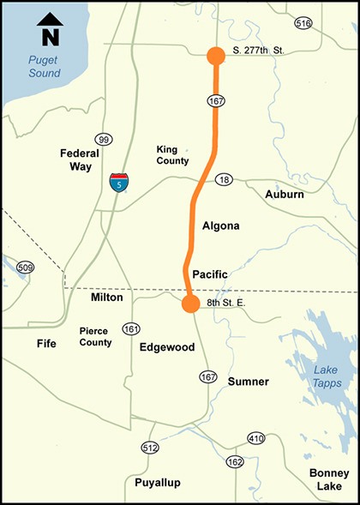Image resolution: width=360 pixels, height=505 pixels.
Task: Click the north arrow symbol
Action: coord(48,29)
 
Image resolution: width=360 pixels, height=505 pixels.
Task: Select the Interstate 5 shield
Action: coord(119,181)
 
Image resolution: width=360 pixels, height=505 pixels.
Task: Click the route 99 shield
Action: coord(104,140)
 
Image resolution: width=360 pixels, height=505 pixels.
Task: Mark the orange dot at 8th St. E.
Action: coord(189,303)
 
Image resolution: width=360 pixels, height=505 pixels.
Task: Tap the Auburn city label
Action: coord(284,195)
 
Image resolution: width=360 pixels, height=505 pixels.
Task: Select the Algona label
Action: coord(220,225)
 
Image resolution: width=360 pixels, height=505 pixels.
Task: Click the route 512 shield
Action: coord(150,448)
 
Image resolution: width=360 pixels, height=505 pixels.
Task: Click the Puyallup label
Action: coord(158,483)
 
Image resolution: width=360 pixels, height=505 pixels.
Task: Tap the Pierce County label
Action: coord(95,336)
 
